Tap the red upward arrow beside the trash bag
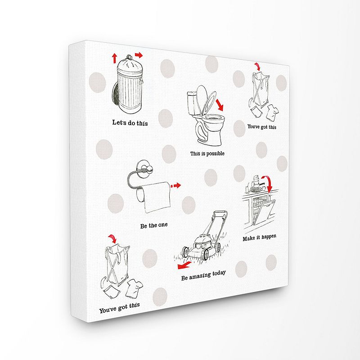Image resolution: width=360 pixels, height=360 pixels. coord(115,58)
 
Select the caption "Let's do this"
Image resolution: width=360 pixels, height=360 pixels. coord(130,122)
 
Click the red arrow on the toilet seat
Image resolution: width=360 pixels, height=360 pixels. coord(220,105)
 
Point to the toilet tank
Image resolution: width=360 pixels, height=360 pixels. coord(192,103)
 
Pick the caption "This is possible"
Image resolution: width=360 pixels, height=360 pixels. coord(207,153)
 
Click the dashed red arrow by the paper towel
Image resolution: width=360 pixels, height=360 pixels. coord(175,185)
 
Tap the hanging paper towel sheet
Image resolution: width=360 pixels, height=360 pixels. coord(157,197)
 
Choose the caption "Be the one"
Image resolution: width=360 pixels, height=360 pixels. coord(154,225)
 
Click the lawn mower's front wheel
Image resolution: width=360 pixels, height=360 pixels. coord(185,252)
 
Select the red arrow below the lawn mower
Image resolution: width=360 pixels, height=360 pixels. coord(184,265)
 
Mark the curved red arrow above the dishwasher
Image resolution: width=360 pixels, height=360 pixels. coord(267,184)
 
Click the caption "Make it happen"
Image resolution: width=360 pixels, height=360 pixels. coord(260,238)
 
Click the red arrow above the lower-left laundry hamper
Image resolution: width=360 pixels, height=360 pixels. coord(112,238)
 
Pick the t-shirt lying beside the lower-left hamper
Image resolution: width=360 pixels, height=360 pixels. coord(134,288)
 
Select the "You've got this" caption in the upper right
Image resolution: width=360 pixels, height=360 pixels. coord(262,126)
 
